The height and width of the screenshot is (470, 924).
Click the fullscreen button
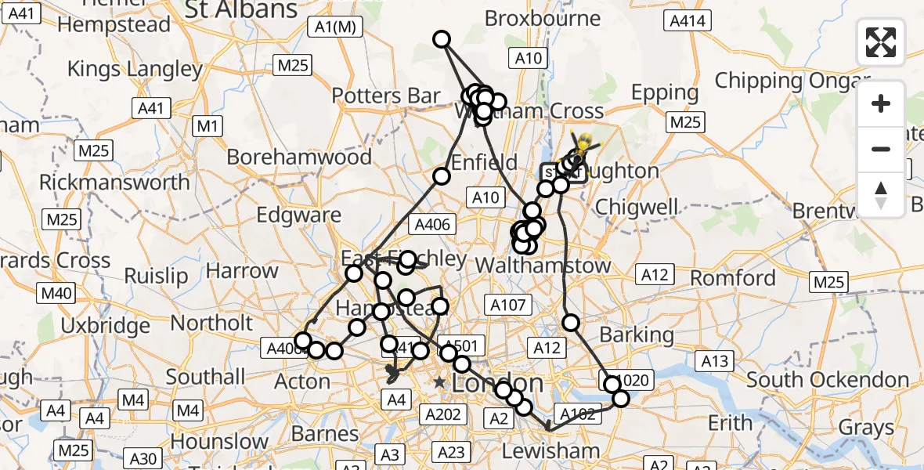[881, 42]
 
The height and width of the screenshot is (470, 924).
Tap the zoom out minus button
[881, 149]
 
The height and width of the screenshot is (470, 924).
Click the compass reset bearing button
[881, 194]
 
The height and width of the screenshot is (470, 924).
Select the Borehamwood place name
[299, 157]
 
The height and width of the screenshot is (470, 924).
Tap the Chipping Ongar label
[792, 81]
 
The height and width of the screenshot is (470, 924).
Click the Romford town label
[733, 278]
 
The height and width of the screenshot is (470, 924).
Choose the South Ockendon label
[827, 381]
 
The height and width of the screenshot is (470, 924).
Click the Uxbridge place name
[105, 325]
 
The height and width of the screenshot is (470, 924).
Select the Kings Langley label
[135, 69]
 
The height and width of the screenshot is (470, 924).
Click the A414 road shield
[687, 22]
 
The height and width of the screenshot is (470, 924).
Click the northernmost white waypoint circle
[442, 39]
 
